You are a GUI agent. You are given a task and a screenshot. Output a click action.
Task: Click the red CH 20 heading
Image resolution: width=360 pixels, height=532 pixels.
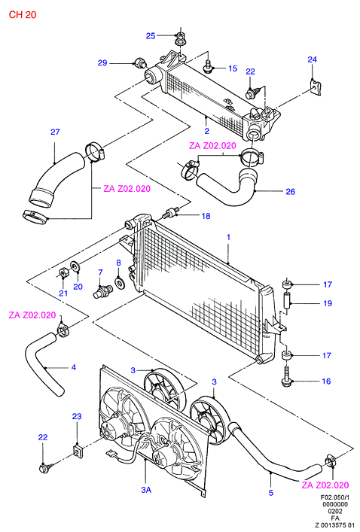23,14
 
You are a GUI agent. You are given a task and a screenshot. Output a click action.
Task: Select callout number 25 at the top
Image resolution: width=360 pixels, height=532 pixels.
151,36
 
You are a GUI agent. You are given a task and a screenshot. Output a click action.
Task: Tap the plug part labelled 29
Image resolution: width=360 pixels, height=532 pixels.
139,62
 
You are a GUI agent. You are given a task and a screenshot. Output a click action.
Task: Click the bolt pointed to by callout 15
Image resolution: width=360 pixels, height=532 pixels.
208,68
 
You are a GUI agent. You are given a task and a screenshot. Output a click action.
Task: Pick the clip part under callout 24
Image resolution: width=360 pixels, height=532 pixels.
316,87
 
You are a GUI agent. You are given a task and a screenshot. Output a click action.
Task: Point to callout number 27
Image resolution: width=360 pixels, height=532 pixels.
55,132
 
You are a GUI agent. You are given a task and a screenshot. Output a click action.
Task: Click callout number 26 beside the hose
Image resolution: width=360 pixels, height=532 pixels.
291,192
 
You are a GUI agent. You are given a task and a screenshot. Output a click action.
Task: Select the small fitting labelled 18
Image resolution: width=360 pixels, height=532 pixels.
171,214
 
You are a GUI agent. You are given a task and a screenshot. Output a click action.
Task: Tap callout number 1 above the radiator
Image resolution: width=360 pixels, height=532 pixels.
228,237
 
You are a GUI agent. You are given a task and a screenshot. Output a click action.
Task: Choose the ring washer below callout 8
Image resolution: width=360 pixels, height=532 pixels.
120,283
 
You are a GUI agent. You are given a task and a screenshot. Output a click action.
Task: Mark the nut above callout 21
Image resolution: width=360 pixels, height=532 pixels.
63,273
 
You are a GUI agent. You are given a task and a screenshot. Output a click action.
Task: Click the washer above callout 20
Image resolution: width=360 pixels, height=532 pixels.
75,266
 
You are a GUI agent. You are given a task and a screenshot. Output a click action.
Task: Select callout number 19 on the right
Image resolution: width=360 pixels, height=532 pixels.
328,303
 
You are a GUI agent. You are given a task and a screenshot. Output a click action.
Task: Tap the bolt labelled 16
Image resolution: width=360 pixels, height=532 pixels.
286,377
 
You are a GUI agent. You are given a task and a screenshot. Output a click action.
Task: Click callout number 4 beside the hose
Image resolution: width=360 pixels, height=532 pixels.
74,367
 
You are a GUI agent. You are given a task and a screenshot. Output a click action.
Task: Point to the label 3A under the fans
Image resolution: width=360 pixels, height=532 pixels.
146,490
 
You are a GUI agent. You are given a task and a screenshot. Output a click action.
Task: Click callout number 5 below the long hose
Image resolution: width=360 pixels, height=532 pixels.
270,493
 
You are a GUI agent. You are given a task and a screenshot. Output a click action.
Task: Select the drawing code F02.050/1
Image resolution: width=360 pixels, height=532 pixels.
335,497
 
